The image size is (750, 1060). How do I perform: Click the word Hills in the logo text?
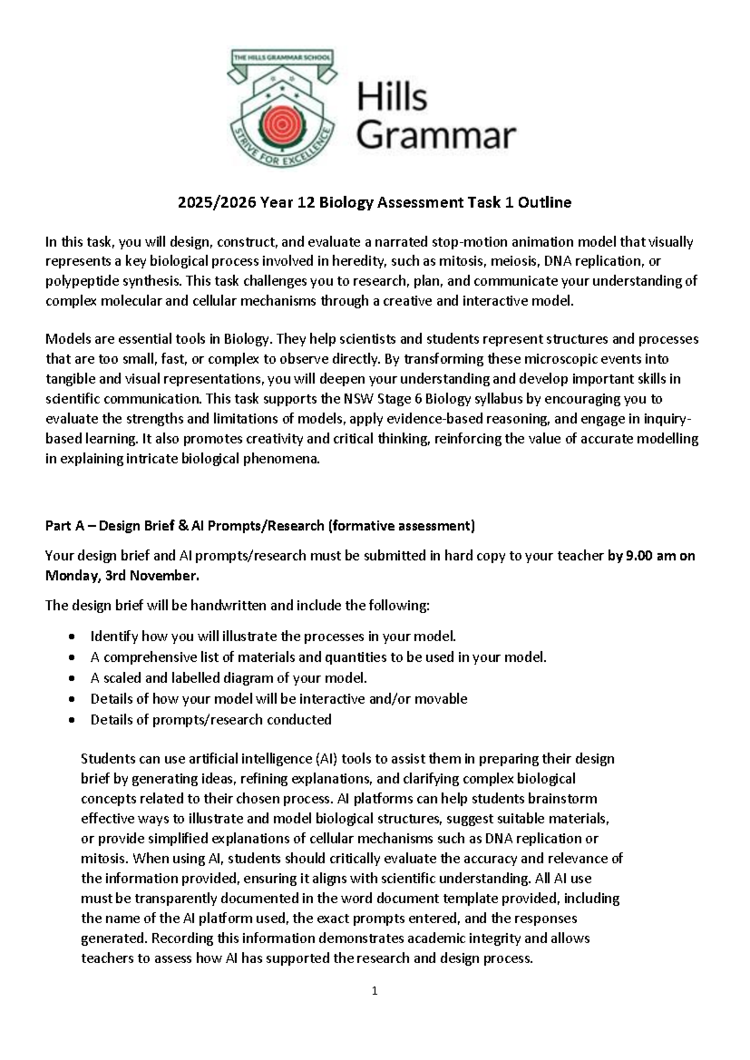point(392,98)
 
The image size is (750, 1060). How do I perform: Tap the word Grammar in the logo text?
point(436,136)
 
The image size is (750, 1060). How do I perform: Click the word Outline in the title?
point(547,203)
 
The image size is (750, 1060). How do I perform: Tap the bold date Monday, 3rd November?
point(122,576)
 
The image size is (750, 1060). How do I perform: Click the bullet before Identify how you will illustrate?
point(73,637)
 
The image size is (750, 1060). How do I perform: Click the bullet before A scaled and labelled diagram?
point(73,678)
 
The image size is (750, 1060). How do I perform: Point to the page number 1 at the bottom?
point(374,991)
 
